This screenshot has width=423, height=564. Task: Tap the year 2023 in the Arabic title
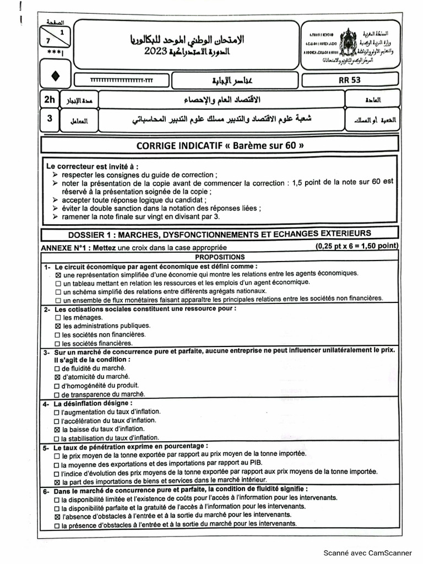pos(157,51)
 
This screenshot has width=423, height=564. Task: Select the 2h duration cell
pos(50,100)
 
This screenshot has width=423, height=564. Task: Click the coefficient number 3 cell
pos(50,118)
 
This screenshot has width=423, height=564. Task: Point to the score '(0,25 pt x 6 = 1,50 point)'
pos(357,246)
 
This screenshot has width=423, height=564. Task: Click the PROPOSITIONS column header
pos(219,257)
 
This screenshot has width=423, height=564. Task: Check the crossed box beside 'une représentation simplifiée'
pos(59,274)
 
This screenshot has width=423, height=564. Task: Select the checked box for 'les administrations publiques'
pos(58,326)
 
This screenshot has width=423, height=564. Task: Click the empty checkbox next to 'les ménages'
pos(58,318)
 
